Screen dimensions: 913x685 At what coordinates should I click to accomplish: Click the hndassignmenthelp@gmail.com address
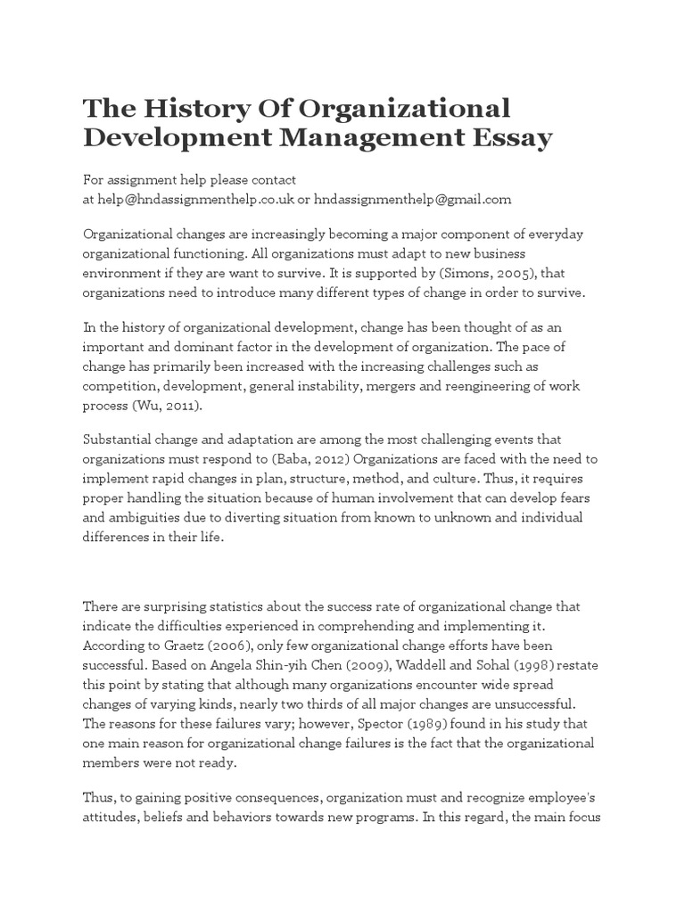413,200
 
